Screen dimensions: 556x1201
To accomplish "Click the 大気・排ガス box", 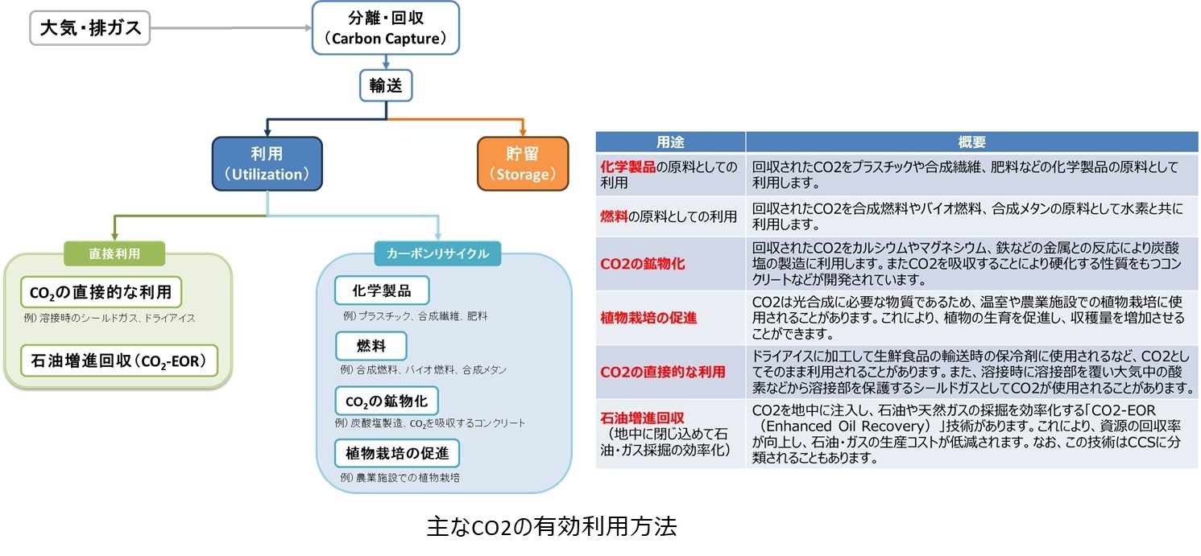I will (90, 28).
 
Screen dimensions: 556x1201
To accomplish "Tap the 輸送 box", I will (386, 86).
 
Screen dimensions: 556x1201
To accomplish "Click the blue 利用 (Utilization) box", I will (267, 163).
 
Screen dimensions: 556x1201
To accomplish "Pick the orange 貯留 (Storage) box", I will (523, 163).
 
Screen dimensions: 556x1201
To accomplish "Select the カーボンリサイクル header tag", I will (437, 253).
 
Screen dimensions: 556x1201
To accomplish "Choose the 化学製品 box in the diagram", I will (382, 290).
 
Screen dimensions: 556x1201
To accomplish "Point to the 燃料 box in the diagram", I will (371, 346).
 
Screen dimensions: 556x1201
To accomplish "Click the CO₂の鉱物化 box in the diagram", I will (387, 401).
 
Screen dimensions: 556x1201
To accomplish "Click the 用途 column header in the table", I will (669, 142).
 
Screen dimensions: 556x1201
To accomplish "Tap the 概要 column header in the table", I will (971, 142).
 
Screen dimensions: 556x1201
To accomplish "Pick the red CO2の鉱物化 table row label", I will (643, 263).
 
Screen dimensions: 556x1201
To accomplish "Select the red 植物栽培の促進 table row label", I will (648, 318).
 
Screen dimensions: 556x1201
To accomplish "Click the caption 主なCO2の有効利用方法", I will (552, 527).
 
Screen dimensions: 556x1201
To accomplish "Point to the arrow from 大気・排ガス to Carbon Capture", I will (230, 29).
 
